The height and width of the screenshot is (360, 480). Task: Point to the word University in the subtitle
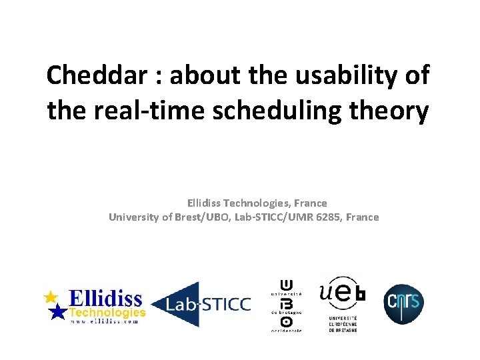[133, 217]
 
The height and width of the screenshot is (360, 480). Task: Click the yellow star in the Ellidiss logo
[50, 297]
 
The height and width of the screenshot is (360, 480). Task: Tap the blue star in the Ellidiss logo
[59, 311]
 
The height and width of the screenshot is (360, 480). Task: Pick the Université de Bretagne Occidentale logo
[286, 304]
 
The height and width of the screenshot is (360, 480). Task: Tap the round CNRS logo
[403, 304]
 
